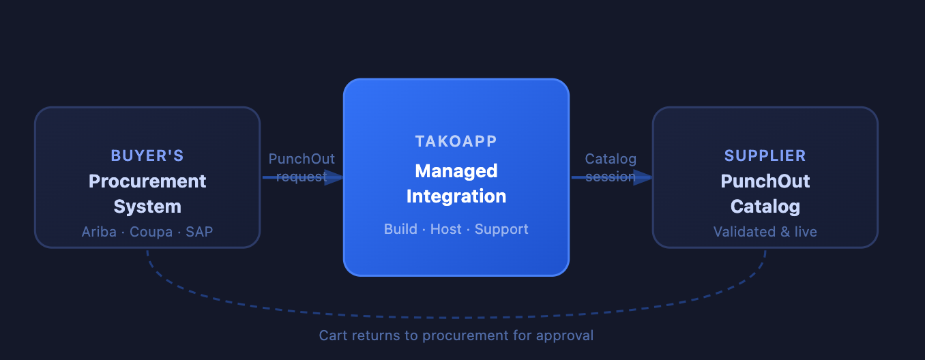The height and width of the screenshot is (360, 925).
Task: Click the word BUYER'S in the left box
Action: pos(147,155)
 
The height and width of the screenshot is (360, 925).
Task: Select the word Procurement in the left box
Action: pos(147,181)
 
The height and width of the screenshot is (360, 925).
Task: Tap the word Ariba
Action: pos(98,232)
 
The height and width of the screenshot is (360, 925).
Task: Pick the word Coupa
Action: pos(151,232)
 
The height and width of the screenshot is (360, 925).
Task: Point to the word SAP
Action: pos(199,232)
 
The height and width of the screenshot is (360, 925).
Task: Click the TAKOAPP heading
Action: pos(456,141)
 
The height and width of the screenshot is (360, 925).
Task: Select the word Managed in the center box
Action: pos(456,170)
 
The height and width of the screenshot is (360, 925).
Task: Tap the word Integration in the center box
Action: pos(456,196)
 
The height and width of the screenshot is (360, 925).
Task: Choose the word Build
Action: pos(400,229)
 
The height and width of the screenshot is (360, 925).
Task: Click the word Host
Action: pos(446,229)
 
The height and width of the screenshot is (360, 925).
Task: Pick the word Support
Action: pos(501,229)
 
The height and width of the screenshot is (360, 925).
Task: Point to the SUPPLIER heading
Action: pos(765,155)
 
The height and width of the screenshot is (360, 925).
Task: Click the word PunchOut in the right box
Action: pos(765,181)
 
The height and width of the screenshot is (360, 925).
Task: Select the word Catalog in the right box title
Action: pos(765,207)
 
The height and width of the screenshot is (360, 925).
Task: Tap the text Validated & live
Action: pos(765,232)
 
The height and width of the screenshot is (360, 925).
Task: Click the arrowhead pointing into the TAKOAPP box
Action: pos(334,177)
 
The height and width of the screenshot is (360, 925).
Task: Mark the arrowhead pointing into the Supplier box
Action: pos(643,177)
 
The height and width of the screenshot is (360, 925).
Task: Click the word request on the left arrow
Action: pos(302,177)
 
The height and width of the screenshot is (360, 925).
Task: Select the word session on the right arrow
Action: pos(611,177)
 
